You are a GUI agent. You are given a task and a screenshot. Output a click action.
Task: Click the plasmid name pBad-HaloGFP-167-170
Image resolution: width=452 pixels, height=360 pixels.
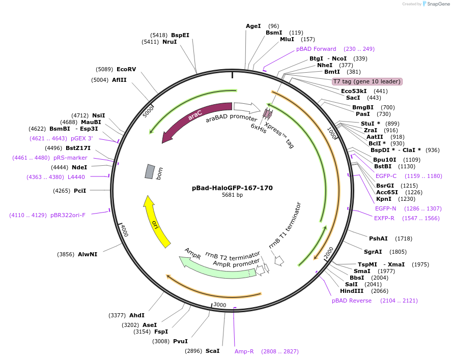click(232, 188)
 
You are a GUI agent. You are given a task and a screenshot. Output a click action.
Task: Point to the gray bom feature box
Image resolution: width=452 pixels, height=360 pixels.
click(149, 171)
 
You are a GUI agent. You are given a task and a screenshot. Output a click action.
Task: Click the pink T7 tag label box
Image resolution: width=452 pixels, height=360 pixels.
click(366, 81)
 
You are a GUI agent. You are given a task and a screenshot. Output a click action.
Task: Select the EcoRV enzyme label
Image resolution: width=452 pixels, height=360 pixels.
click(126, 69)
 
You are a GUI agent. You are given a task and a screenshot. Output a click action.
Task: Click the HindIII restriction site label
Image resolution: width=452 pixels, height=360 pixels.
click(352, 291)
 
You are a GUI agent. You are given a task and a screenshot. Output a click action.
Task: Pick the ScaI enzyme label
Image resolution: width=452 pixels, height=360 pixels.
click(213, 351)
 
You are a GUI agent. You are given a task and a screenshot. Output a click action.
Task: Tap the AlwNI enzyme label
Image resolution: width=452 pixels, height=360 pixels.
click(88, 254)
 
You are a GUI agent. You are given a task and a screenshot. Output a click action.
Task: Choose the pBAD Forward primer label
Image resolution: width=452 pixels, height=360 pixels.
click(316, 49)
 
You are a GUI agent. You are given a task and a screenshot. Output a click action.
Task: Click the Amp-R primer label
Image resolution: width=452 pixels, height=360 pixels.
click(244, 351)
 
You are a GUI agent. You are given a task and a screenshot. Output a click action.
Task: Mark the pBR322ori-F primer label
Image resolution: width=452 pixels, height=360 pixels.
click(68, 215)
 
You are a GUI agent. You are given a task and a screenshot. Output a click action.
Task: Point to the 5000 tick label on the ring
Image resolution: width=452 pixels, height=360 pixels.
click(148, 111)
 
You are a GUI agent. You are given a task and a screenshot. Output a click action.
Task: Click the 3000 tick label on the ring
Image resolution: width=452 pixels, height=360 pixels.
click(219, 304)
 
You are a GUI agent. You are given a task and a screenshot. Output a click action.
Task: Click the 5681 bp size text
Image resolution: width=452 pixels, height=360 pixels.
click(232, 195)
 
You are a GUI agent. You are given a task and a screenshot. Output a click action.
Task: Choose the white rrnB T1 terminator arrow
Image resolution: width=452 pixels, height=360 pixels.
click(279, 260)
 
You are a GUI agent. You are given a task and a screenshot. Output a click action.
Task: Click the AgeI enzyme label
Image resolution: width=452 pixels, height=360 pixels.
click(253, 26)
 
